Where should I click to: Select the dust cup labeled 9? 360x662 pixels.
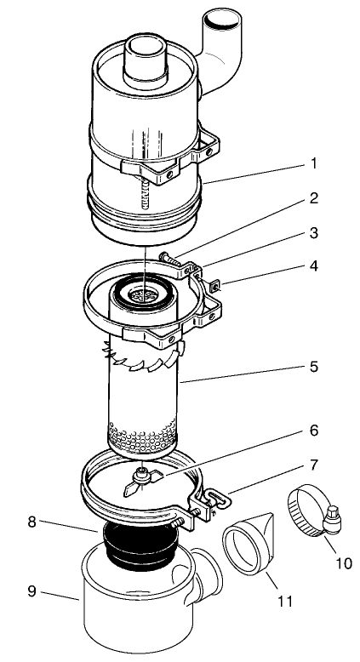136,608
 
